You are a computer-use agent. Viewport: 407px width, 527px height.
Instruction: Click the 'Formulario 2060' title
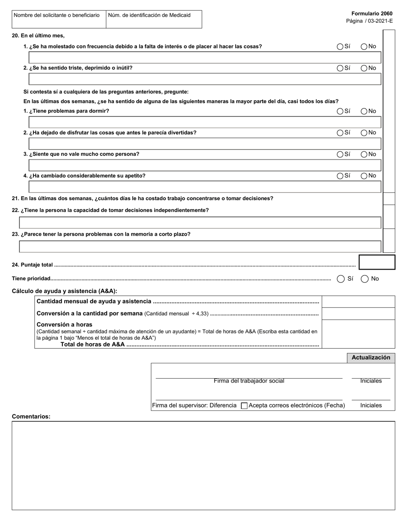pos(371,14)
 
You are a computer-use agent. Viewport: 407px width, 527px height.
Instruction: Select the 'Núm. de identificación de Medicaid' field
pos(153,20)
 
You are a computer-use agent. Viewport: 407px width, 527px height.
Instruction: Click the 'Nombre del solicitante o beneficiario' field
pos(59,20)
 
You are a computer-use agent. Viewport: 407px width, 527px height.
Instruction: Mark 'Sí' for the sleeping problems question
pos(340,111)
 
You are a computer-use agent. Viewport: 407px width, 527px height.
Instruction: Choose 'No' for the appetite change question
pos(364,176)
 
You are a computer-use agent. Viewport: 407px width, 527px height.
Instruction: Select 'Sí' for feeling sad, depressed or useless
pos(340,68)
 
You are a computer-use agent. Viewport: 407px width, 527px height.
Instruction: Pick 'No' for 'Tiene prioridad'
pos(365,279)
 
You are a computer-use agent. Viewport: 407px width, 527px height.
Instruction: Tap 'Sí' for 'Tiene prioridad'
pos(341,279)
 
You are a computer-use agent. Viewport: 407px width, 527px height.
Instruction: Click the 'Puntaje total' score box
pos(377,262)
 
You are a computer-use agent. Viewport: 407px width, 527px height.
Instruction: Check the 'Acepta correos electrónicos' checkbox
pos(244,406)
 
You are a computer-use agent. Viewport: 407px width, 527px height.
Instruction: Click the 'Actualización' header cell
pos(371,358)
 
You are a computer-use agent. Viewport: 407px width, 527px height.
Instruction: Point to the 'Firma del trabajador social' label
pos(249,381)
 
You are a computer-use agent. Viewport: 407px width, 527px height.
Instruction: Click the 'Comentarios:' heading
pos(31,416)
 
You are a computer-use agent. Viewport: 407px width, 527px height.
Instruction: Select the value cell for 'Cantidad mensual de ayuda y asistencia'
pos(358,302)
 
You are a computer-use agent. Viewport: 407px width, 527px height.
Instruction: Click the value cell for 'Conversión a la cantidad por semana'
pos(358,314)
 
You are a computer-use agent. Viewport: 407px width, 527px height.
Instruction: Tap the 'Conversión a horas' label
pos(64,324)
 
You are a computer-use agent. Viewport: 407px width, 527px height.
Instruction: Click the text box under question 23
pos(200,246)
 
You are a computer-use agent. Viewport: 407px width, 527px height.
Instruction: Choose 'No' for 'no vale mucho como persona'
pos(364,154)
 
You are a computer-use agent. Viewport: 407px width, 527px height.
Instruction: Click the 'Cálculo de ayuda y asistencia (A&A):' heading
pos(64,291)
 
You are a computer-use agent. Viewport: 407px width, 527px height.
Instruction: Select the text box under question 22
pos(200,222)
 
